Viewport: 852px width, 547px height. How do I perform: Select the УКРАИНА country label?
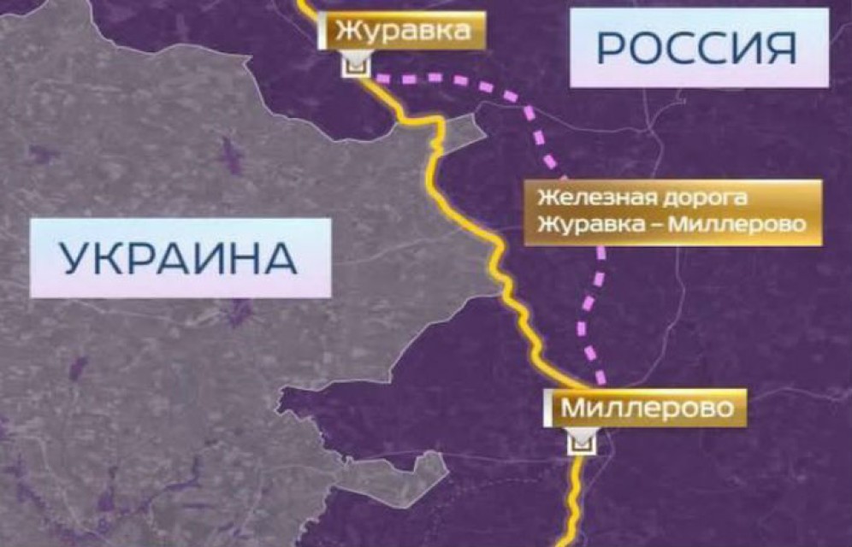coord(180,257)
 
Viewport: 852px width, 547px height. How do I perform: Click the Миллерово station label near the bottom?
coord(647,409)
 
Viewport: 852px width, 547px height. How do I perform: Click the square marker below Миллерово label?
coord(583,441)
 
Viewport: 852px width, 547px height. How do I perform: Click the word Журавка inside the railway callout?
coord(583,226)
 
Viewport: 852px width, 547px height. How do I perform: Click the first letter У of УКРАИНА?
coord(74,257)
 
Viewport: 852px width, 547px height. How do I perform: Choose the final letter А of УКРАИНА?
coord(282,257)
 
